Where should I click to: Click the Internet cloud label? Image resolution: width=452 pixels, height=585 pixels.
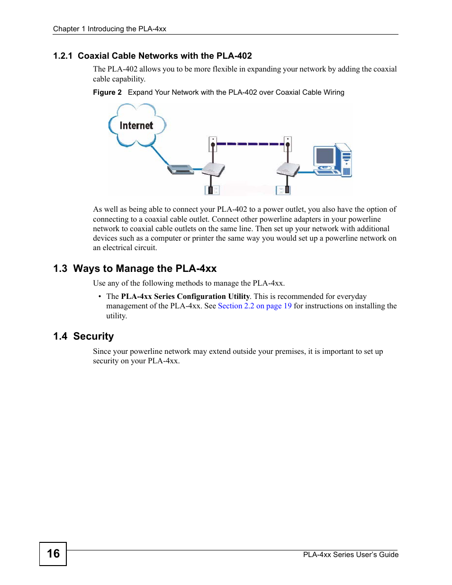click(136, 126)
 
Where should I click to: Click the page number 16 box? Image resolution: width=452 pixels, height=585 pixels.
click(53, 554)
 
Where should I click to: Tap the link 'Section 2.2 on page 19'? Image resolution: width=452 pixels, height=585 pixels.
click(254, 306)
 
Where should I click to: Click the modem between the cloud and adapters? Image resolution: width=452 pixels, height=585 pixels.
click(181, 169)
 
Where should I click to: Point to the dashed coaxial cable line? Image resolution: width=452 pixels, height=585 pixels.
click(250, 144)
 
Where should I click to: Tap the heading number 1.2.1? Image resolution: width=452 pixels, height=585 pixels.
click(63, 56)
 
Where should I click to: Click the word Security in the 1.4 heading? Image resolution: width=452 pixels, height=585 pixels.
click(93, 336)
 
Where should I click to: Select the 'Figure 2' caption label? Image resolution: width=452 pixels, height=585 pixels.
click(107, 92)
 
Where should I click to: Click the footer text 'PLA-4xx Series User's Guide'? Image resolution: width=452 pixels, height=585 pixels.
click(351, 555)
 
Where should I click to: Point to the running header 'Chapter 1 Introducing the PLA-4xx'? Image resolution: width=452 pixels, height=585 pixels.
click(109, 29)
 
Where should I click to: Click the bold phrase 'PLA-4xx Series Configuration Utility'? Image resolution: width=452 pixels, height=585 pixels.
click(185, 297)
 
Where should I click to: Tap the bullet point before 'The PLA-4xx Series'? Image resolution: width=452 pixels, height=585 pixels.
click(99, 297)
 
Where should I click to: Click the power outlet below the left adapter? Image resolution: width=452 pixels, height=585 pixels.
click(212, 190)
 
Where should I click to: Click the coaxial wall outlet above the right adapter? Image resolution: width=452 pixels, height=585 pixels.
click(288, 143)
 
